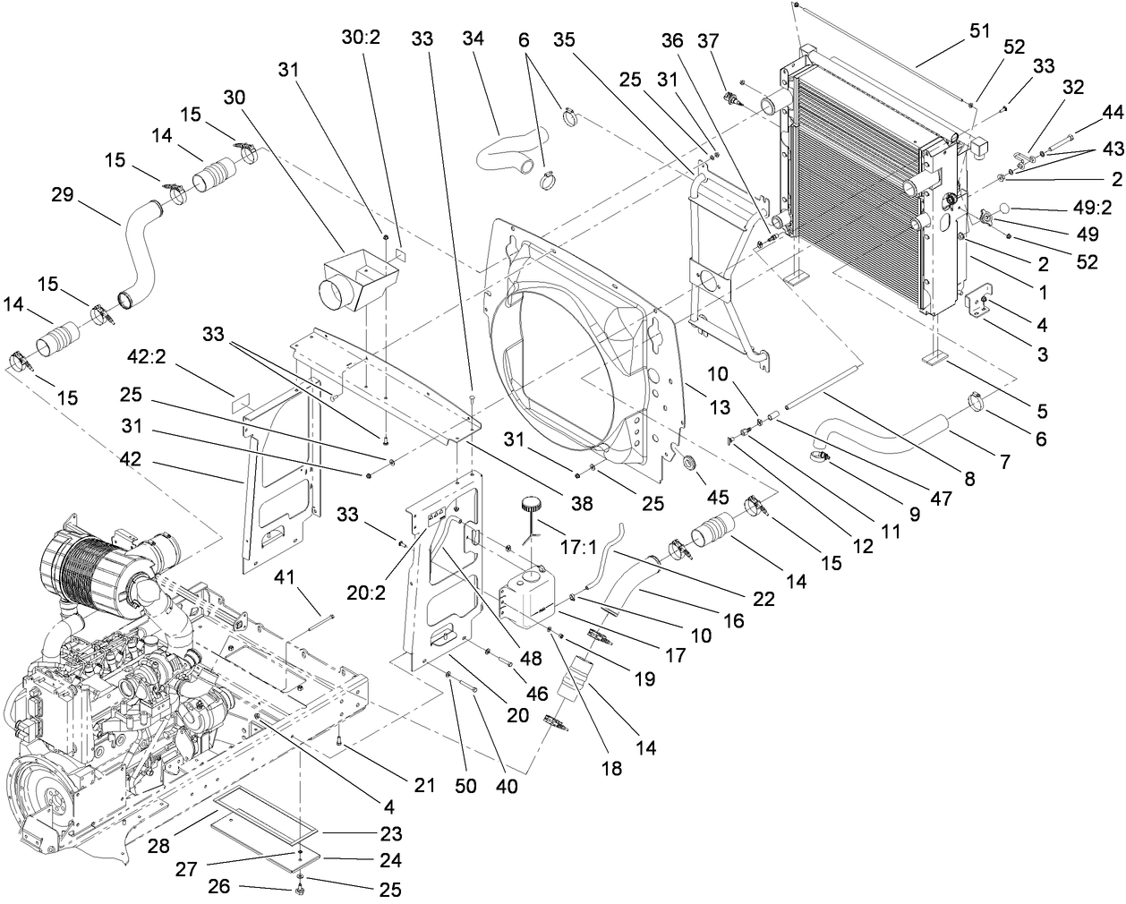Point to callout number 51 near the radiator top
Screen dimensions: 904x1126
(x=979, y=30)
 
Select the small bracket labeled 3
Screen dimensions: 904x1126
(x=983, y=306)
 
